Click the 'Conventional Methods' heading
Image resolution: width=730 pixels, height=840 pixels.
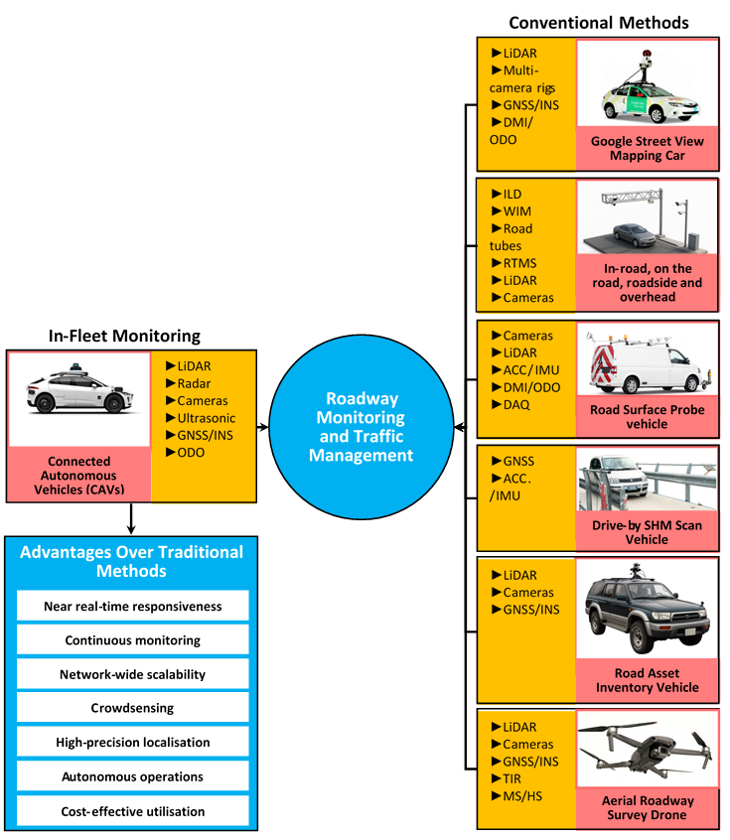pos(599,22)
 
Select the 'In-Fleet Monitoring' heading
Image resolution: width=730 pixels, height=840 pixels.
pos(125,337)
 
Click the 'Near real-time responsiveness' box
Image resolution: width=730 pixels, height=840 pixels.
pos(133,606)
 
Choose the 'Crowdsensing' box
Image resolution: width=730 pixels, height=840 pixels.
pos(133,708)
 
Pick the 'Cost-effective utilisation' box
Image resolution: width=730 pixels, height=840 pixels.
pos(133,811)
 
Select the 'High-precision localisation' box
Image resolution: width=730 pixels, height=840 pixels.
pos(133,743)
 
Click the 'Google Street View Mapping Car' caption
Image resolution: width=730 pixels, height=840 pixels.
pos(647,148)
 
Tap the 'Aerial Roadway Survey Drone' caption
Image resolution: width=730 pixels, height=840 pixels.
pos(647,808)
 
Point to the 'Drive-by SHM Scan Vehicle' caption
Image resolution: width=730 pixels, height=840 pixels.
pos(647,531)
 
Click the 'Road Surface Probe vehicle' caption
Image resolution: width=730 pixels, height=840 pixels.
pos(647,416)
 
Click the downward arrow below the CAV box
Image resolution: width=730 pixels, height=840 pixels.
pos(131,517)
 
